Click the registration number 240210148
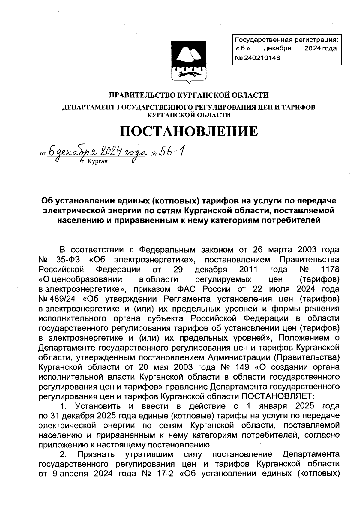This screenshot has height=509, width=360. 262,58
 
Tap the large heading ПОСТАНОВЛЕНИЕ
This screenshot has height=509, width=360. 189,131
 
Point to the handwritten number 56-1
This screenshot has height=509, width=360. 172,152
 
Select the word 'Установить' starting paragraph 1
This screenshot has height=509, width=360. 98,406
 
